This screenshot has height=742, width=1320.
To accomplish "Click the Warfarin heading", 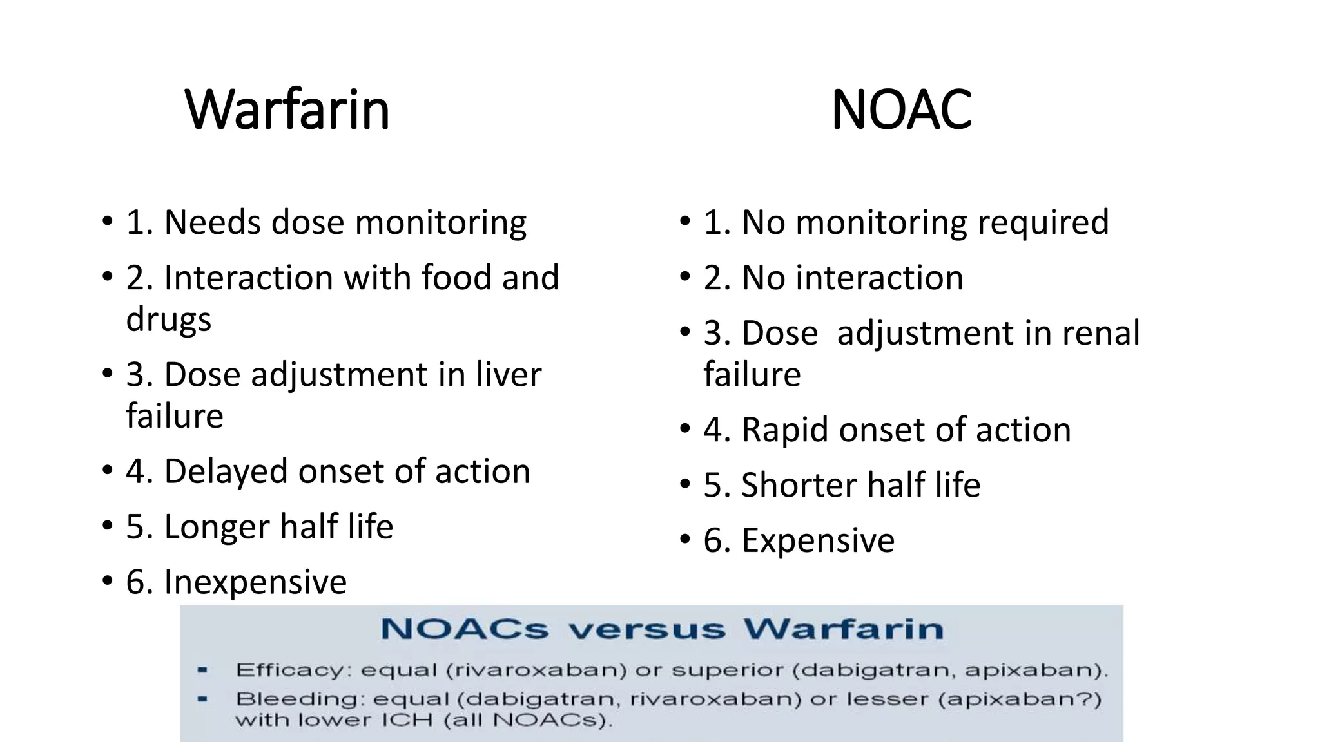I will coord(287,109).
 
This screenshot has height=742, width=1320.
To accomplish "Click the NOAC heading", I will coord(901,109).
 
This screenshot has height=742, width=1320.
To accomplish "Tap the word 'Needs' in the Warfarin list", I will coord(213,222).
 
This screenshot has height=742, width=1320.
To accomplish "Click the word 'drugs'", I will coord(168,319).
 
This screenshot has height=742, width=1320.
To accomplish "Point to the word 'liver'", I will coord(509,374).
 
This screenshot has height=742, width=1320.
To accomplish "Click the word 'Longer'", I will coord(217,527).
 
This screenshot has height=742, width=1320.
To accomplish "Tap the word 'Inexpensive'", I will coord(255,582).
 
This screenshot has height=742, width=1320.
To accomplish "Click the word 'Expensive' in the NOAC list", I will coord(818,540).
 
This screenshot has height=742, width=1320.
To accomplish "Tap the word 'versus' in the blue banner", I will coord(646,629).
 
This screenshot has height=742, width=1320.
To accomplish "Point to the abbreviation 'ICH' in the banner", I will coord(407,720).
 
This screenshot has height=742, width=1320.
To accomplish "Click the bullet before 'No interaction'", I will coord(685,278).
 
